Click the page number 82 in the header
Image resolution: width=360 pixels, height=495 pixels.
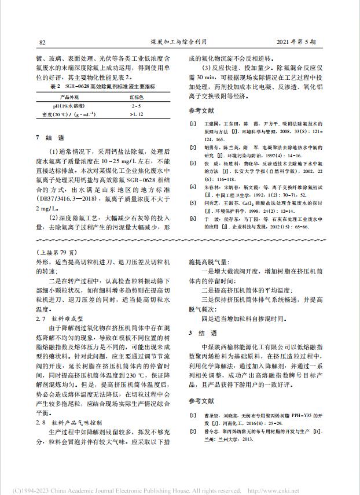coord(42,42)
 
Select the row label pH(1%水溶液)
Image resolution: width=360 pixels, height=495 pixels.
coord(65,106)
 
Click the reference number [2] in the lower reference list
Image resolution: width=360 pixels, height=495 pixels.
coord(193,431)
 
